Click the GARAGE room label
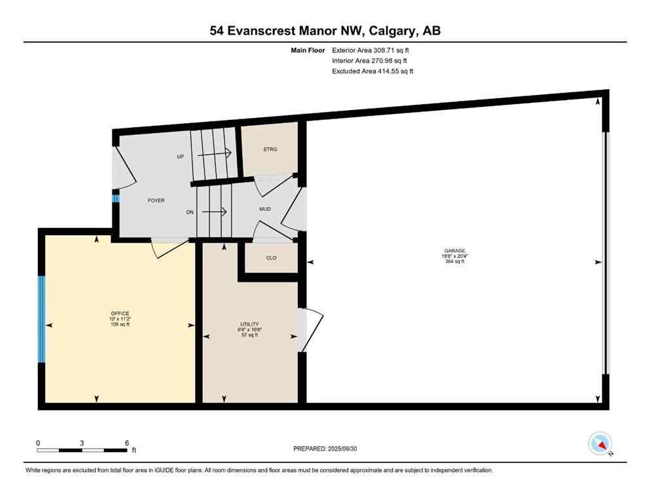(x=454, y=251)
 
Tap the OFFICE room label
(x=120, y=313)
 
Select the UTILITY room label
(x=249, y=324)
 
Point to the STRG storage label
(x=270, y=149)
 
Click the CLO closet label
(x=271, y=258)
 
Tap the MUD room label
(x=264, y=210)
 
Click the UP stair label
(x=181, y=157)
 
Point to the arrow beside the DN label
(x=214, y=212)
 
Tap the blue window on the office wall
(x=41, y=319)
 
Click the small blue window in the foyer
(x=115, y=199)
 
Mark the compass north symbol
(x=600, y=444)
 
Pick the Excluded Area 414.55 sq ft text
(x=372, y=71)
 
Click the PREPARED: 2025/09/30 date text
(x=325, y=449)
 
